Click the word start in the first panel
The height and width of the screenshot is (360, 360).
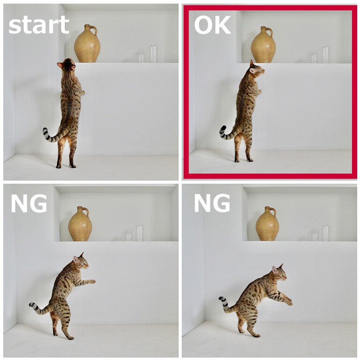click(x=38, y=25)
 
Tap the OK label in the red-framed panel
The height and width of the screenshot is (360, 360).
click(x=212, y=25)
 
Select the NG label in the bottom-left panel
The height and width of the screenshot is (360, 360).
click(x=29, y=203)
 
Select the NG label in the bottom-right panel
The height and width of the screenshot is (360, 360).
click(x=212, y=203)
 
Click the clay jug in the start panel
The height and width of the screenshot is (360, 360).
click(x=87, y=45)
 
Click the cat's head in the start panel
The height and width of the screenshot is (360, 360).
click(x=68, y=65)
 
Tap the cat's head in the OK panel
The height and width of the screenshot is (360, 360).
click(x=256, y=69)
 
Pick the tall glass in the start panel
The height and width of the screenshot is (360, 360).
click(x=153, y=54)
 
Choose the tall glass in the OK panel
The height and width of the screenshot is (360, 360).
click(x=326, y=54)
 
